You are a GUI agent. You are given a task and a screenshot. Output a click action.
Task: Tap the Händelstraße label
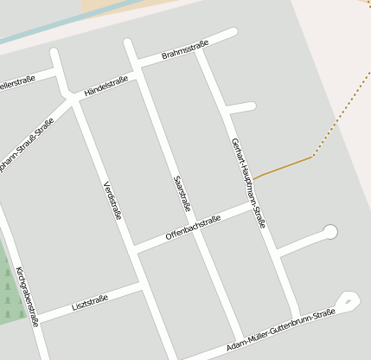pyautogui.click(x=106, y=86)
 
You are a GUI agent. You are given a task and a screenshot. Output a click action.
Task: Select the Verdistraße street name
pyautogui.click(x=112, y=201)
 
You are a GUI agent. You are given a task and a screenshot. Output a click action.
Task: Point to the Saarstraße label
pyautogui.click(x=182, y=194)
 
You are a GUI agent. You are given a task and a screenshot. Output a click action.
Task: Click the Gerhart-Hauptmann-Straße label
pyautogui.click(x=248, y=183)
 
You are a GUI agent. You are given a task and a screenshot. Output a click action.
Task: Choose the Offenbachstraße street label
pyautogui.click(x=193, y=227)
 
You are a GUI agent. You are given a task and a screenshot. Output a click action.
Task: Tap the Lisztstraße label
pyautogui.click(x=90, y=303)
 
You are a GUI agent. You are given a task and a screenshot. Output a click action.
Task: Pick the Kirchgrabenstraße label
pyautogui.click(x=27, y=297)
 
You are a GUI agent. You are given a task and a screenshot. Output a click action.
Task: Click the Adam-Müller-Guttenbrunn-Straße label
pyautogui.click(x=279, y=330)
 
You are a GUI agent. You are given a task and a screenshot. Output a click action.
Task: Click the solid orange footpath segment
pyautogui.click(x=283, y=167)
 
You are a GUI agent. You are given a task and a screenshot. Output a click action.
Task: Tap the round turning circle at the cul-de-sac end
pyautogui.click(x=329, y=231)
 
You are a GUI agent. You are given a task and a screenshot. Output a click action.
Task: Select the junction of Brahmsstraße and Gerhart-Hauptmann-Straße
pyautogui.click(x=199, y=50)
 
